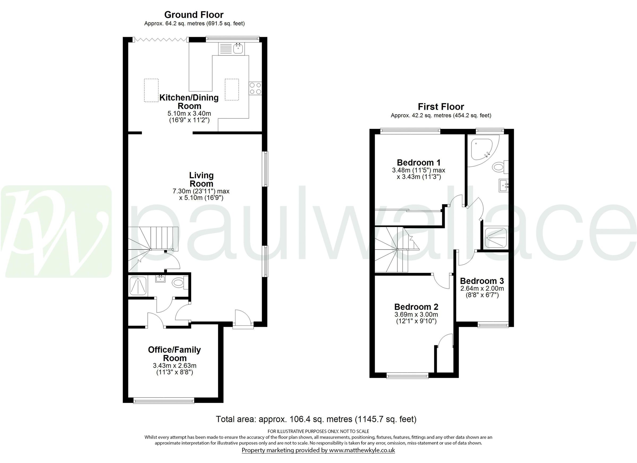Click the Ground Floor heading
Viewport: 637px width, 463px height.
(x=194, y=15)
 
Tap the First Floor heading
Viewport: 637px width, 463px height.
(x=441, y=107)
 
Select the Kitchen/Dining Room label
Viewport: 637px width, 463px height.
(x=189, y=102)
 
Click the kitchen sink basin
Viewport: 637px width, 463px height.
(x=238, y=49)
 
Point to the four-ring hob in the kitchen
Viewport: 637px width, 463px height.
(x=255, y=88)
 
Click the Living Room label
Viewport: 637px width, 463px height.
(x=201, y=179)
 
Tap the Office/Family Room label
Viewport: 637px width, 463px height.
(x=174, y=354)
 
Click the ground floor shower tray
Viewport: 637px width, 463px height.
(x=138, y=285)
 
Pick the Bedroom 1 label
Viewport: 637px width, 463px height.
(x=419, y=162)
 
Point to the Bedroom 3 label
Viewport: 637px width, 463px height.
(x=482, y=281)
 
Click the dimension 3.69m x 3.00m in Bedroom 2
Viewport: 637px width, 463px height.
(x=416, y=314)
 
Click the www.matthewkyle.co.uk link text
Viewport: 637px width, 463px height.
(x=362, y=450)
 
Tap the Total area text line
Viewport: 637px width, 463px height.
(x=316, y=419)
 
